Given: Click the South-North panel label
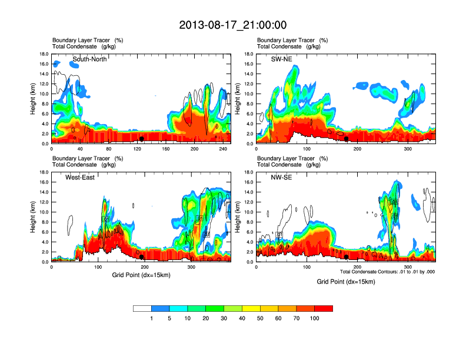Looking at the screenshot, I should (89, 59).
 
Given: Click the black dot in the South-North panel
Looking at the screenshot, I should (142, 139).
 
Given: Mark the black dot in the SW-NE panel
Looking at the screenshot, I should (347, 139).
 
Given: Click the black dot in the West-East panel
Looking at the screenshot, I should (142, 257).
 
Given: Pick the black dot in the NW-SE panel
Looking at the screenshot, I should (347, 257).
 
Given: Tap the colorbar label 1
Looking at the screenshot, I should (152, 318).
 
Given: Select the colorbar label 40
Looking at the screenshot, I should (242, 318).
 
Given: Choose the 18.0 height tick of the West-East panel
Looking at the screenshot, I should (43, 172).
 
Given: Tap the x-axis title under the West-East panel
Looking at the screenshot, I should (141, 275).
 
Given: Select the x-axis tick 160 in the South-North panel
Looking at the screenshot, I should (165, 149).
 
